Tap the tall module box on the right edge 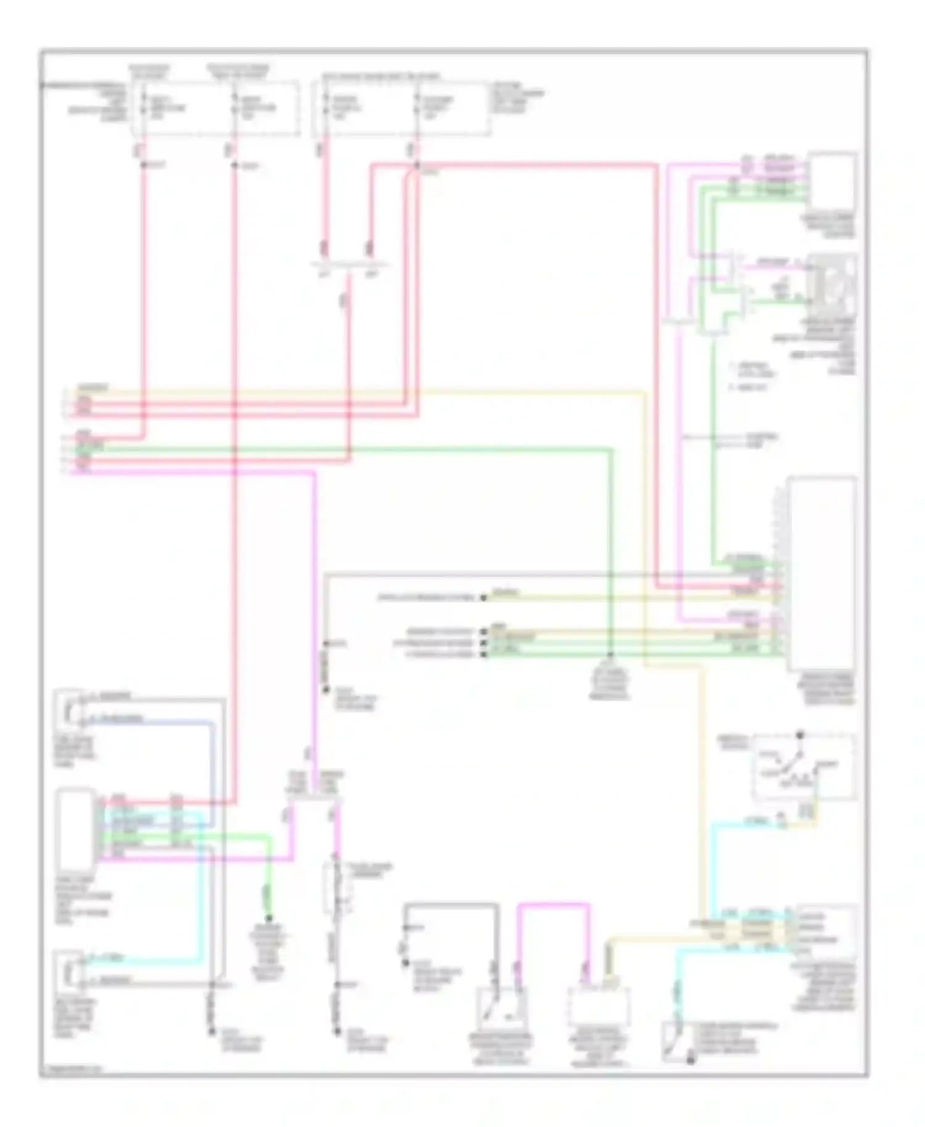(x=821, y=573)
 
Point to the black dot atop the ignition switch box (x=800, y=735)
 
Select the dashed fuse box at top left (x=215, y=109)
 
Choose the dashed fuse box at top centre (x=402, y=109)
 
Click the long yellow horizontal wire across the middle (x=370, y=391)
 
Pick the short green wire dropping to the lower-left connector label (x=268, y=882)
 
